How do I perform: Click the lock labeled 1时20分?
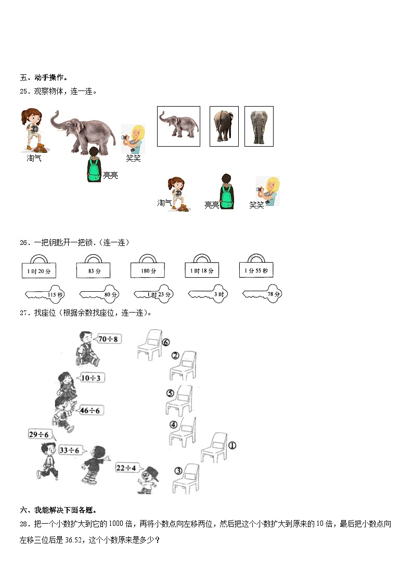[39, 270]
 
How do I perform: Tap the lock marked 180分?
[147, 270]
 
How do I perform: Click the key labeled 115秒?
[45, 295]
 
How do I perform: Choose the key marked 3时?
[209, 295]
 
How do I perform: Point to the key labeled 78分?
[263, 295]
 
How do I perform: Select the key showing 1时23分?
[154, 295]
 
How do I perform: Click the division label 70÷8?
[108, 339]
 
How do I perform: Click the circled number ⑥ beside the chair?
[166, 342]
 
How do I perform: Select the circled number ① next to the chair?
[232, 445]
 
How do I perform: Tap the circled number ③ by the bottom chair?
[178, 471]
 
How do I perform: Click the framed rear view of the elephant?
[224, 126]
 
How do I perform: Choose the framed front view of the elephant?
[259, 126]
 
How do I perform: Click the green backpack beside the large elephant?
[94, 170]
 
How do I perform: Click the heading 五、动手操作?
[44, 77]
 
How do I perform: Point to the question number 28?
[24, 524]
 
